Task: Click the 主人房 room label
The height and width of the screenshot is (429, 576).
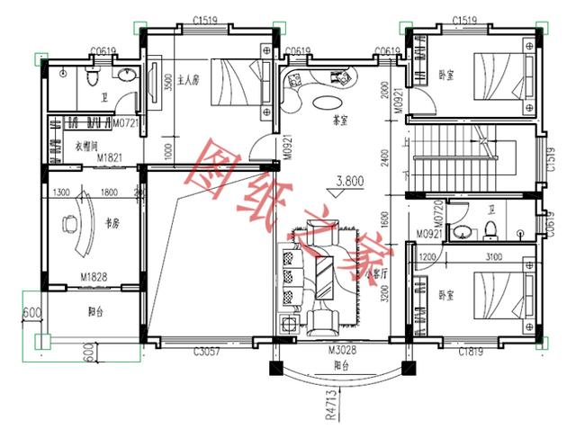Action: [187, 80]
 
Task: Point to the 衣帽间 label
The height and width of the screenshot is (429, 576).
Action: [85, 145]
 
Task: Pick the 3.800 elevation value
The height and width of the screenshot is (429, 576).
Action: [349, 181]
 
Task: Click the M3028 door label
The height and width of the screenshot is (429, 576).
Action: [340, 348]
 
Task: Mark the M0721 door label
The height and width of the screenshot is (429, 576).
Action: [125, 121]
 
